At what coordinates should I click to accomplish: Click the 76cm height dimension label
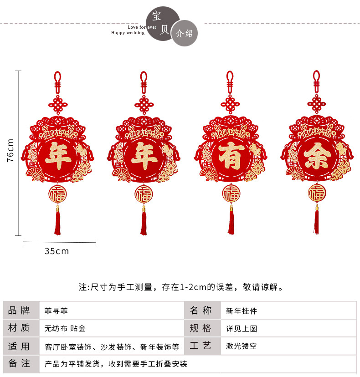tap(10, 150)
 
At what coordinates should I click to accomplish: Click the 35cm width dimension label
tap(57, 251)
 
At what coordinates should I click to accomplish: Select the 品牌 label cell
tap(19, 311)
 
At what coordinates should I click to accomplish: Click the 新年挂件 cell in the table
tap(242, 311)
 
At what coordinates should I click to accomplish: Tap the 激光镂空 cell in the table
tap(242, 346)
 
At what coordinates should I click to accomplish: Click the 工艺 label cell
tap(201, 346)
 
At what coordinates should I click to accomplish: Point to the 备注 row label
tap(19, 363)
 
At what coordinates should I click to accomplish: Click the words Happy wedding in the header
tap(128, 33)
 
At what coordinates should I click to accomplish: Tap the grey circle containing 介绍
tap(184, 33)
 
